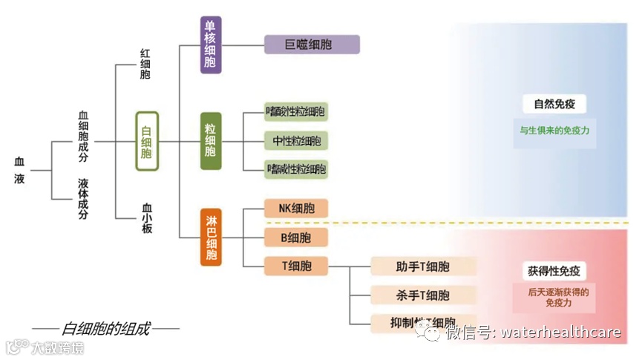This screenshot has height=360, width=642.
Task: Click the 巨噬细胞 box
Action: tap(312, 45)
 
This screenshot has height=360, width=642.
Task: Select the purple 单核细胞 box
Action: tap(211, 45)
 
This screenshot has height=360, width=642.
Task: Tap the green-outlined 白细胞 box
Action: tap(147, 141)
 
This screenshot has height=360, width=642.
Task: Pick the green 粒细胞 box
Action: tap(211, 141)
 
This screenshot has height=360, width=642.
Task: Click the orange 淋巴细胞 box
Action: tap(211, 238)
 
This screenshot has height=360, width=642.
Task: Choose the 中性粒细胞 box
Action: tap(297, 140)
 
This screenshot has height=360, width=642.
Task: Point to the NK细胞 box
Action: tap(296, 209)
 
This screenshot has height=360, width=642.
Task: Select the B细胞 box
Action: tap(296, 238)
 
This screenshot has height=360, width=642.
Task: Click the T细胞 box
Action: tap(296, 266)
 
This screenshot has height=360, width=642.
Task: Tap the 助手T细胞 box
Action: tap(423, 266)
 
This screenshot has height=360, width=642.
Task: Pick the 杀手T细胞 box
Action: tap(423, 295)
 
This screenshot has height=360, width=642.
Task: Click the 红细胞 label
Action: tap(145, 65)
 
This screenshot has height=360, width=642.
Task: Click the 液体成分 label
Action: tap(83, 198)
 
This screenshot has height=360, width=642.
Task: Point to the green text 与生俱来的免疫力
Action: tap(554, 130)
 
